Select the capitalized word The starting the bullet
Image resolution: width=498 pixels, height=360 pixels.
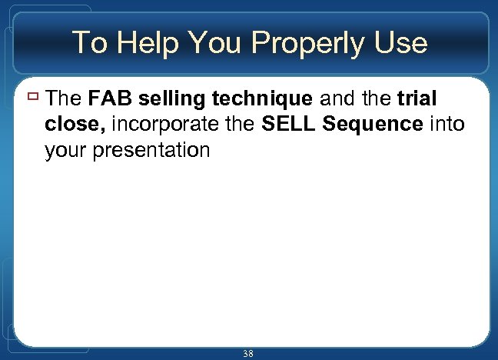click(65, 98)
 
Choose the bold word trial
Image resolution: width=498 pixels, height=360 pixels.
click(417, 98)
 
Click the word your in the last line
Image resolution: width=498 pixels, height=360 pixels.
click(65, 151)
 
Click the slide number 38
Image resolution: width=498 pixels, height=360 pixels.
click(247, 353)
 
